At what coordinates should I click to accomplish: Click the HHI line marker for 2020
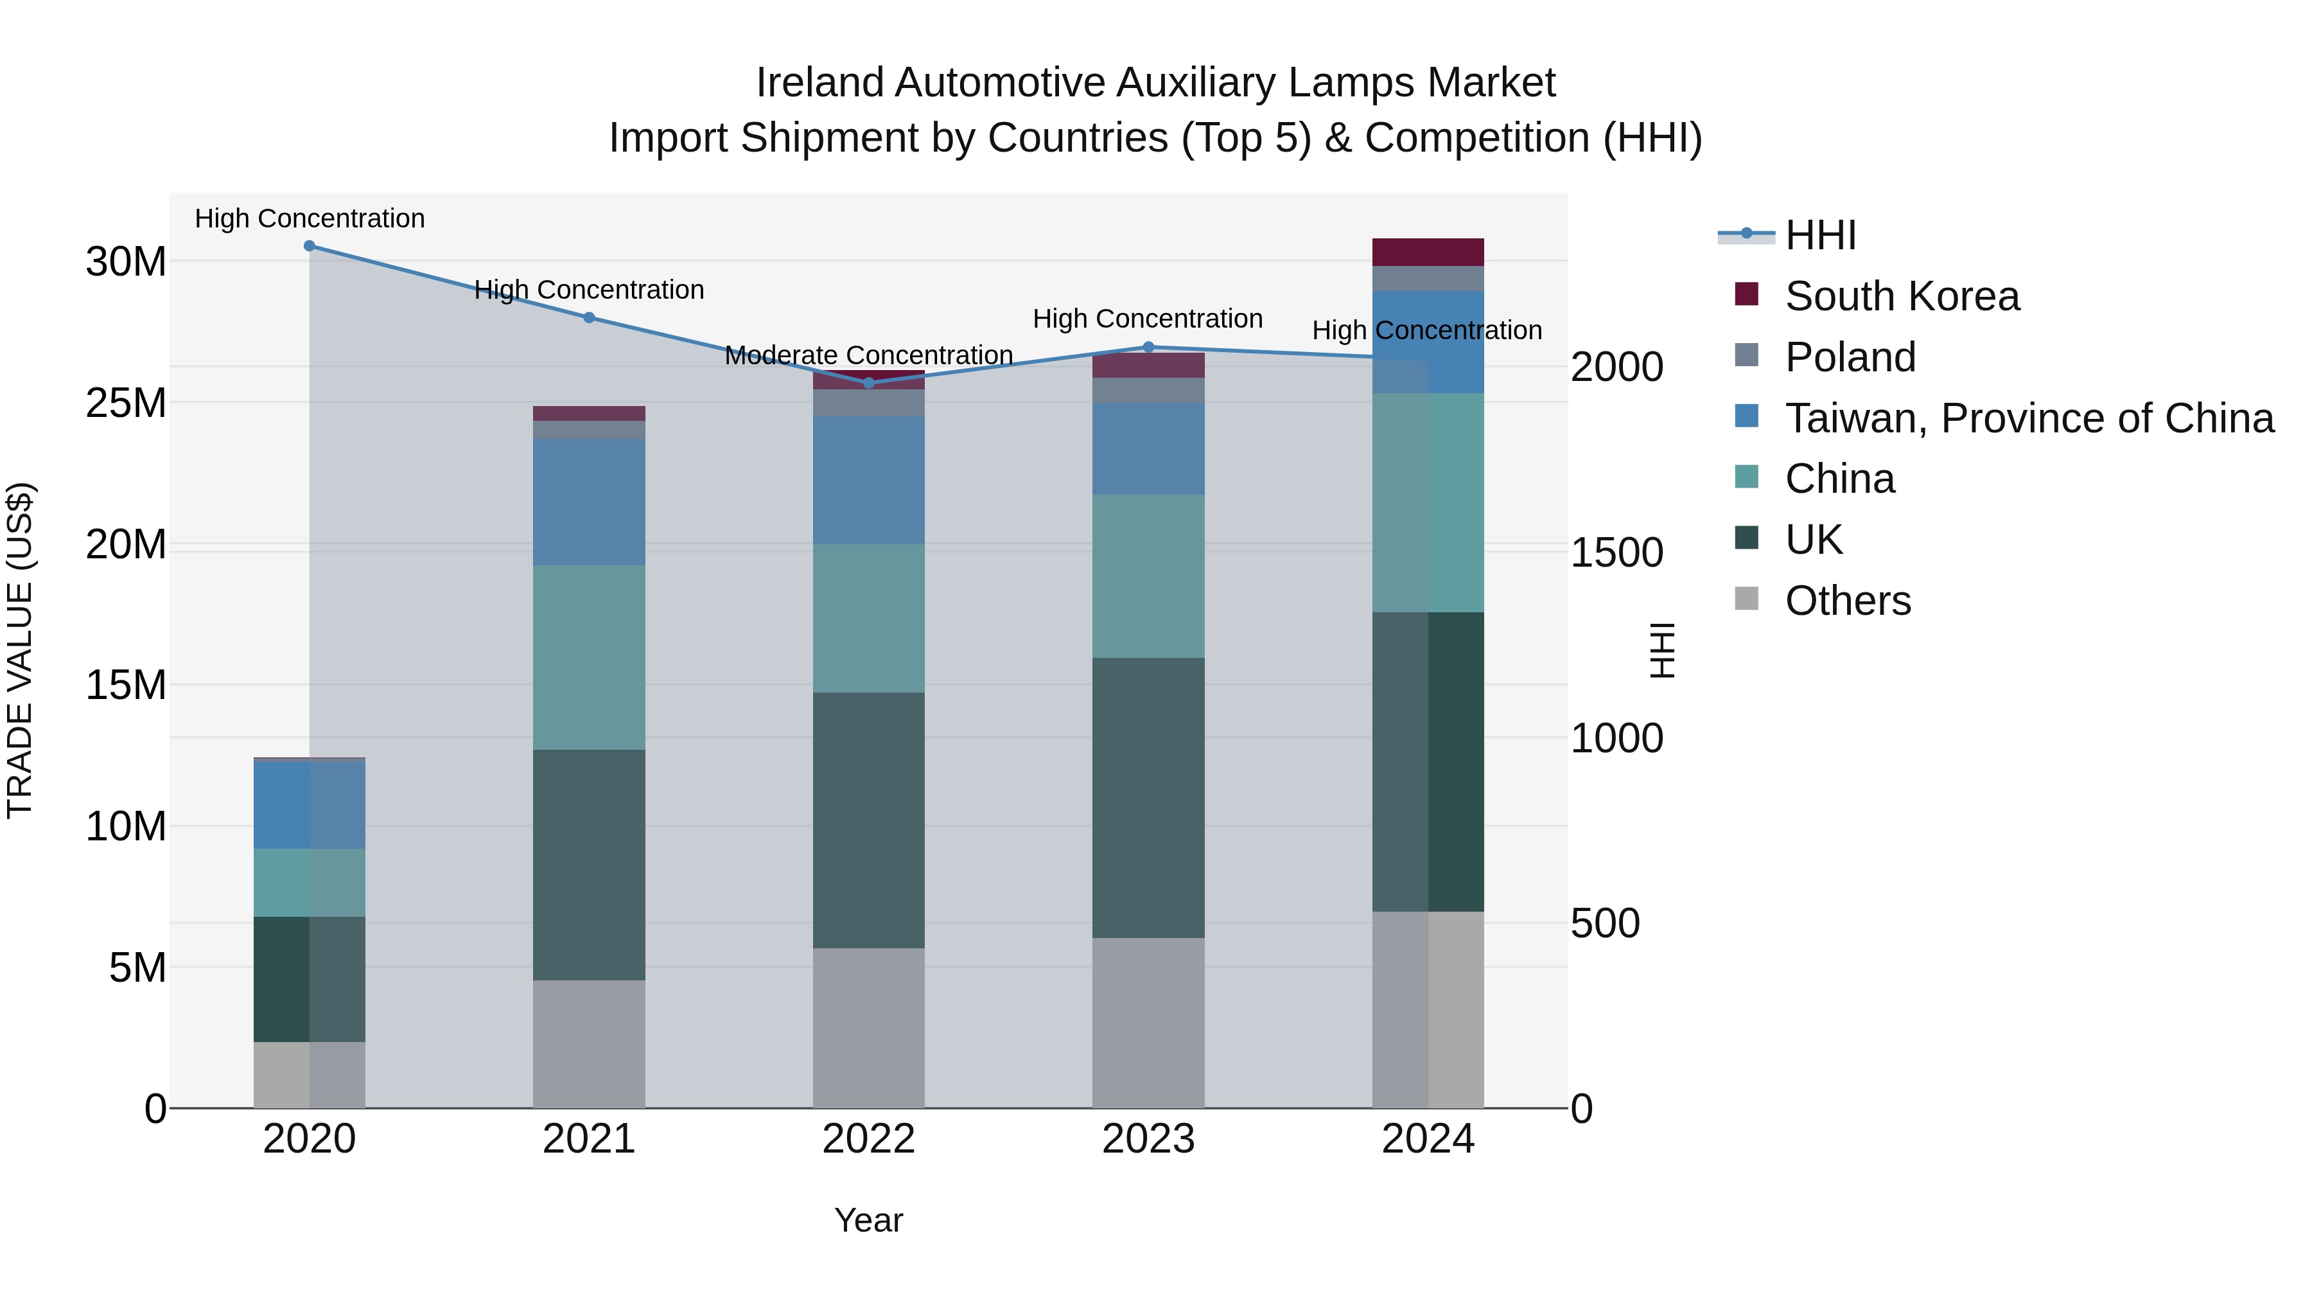pyautogui.click(x=310, y=246)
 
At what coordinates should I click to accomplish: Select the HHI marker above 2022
pyautogui.click(x=869, y=384)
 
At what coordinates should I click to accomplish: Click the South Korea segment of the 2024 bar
pyautogui.click(x=1428, y=252)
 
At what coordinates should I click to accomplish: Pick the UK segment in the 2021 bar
pyautogui.click(x=589, y=865)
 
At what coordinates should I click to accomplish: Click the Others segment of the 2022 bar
pyautogui.click(x=869, y=1028)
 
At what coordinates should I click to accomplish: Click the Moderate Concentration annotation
pyautogui.click(x=869, y=355)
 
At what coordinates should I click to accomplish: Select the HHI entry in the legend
pyautogui.click(x=1820, y=235)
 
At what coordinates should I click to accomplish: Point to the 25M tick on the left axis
pyautogui.click(x=126, y=403)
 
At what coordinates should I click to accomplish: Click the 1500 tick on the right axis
pyautogui.click(x=1616, y=553)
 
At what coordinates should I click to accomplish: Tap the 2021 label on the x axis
pyautogui.click(x=589, y=1139)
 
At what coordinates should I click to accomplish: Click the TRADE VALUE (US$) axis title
pyautogui.click(x=20, y=650)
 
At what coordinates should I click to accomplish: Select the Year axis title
pyautogui.click(x=869, y=1220)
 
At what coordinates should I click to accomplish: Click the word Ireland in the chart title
pyautogui.click(x=819, y=83)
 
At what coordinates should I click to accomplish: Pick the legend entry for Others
pyautogui.click(x=1847, y=601)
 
